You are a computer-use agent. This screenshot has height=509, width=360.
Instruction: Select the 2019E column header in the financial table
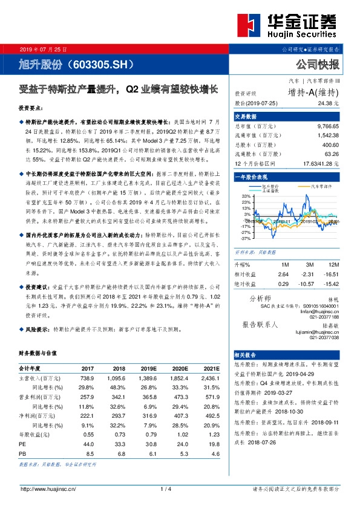click(149, 368)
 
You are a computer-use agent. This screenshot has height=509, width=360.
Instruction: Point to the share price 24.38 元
click(331, 103)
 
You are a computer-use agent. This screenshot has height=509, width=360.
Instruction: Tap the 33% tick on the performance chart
click(246, 196)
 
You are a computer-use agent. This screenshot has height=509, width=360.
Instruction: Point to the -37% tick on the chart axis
click(245, 238)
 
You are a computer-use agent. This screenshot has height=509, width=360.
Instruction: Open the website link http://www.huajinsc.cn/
click(48, 488)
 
